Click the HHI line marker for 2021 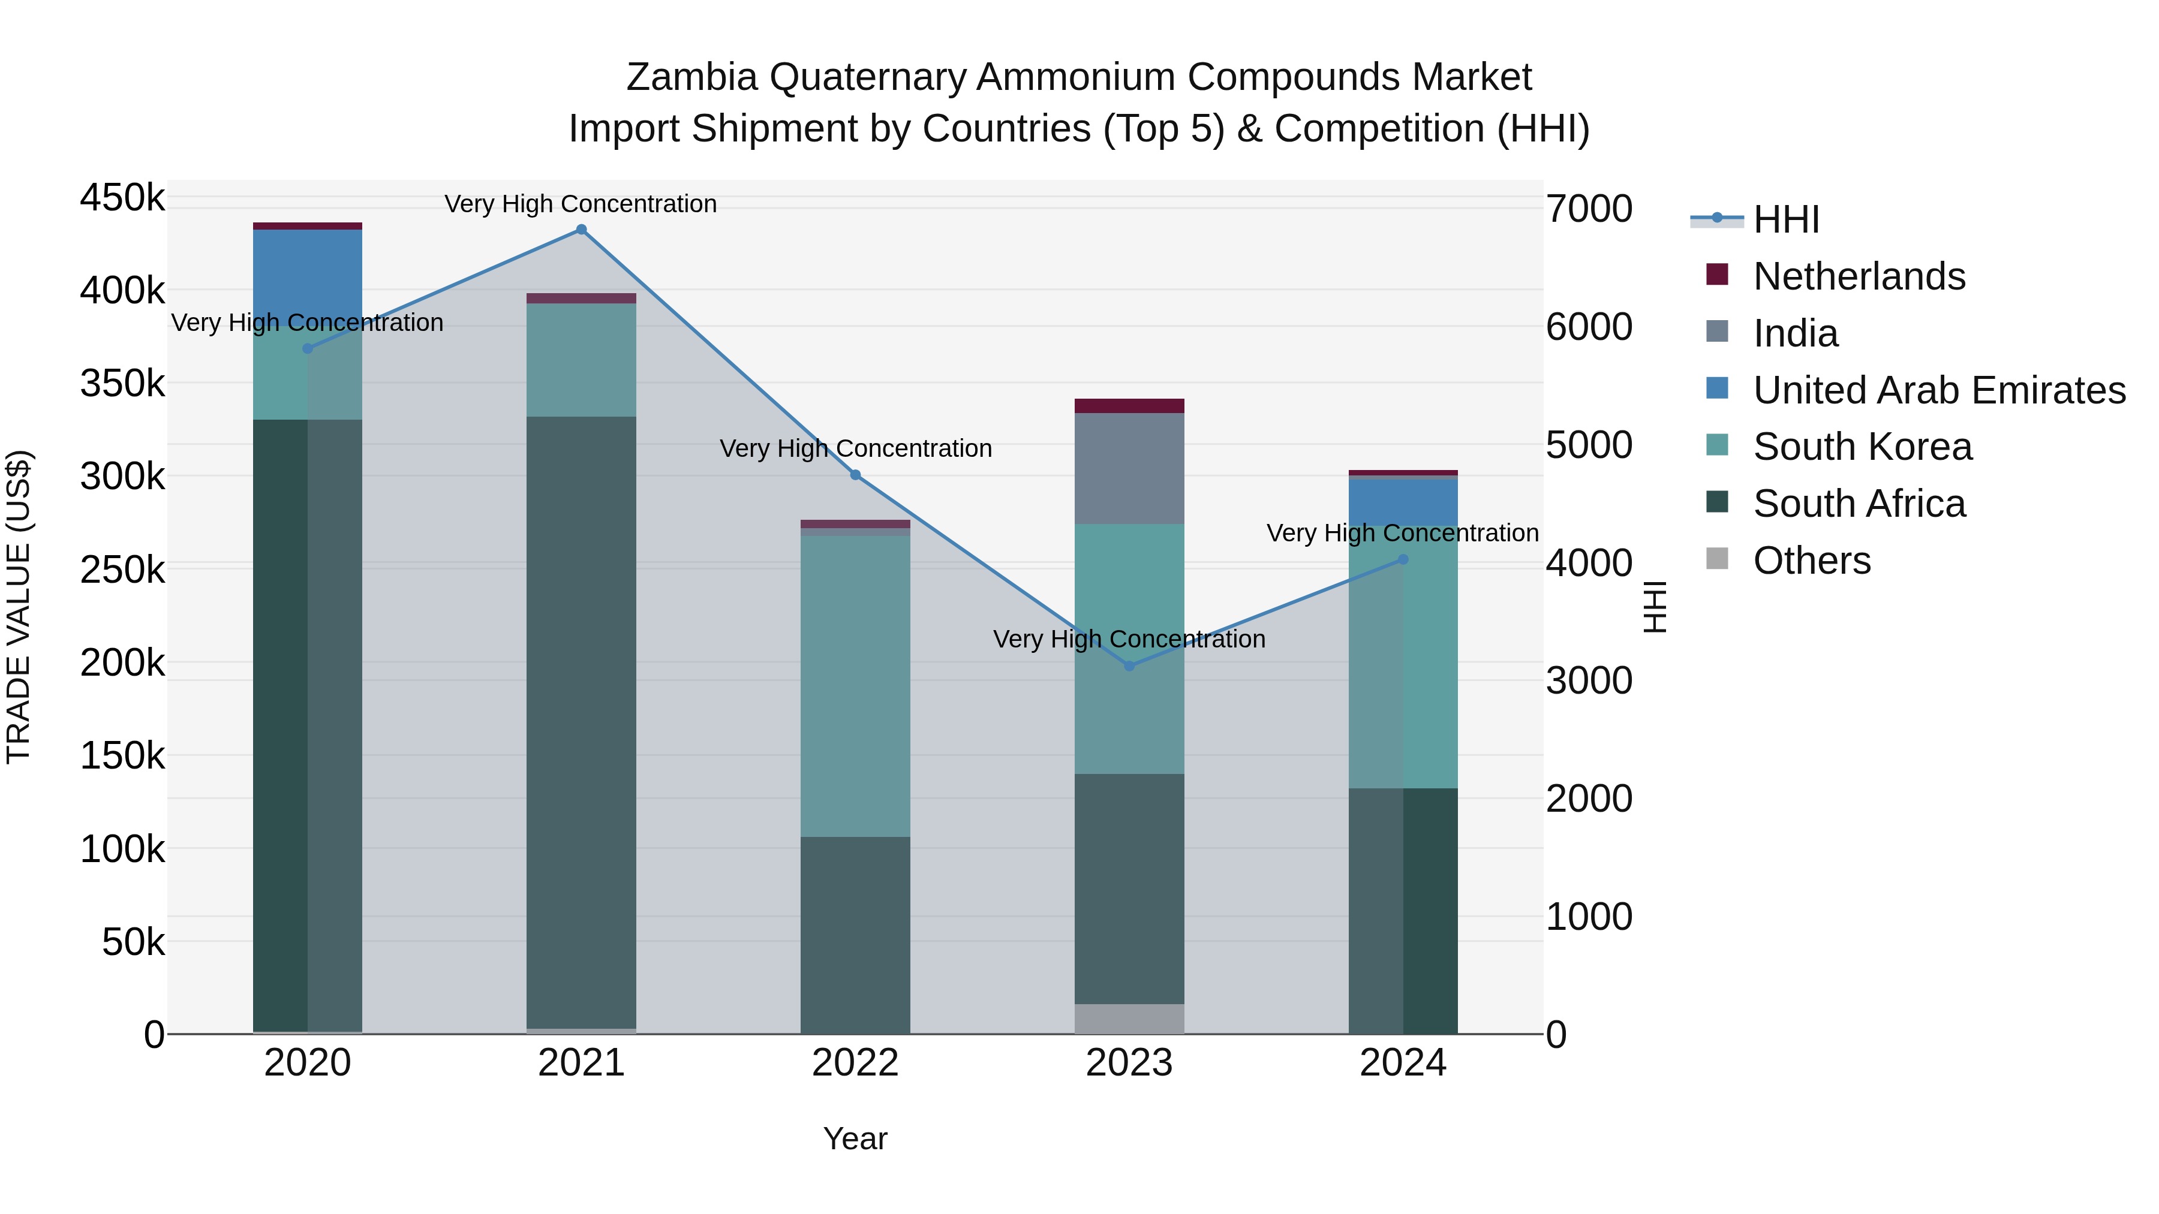click(581, 230)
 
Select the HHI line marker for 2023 click(1129, 666)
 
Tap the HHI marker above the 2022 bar click(855, 475)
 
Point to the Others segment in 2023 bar click(1129, 1018)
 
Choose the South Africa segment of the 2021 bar click(581, 721)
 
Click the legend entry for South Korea click(1862, 447)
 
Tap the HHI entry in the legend click(1785, 219)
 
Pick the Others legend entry click(1811, 561)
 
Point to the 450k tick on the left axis click(122, 198)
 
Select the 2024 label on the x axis click(1402, 1063)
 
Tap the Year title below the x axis click(855, 1138)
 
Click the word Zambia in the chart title click(691, 77)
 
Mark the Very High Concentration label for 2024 click(1402, 533)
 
